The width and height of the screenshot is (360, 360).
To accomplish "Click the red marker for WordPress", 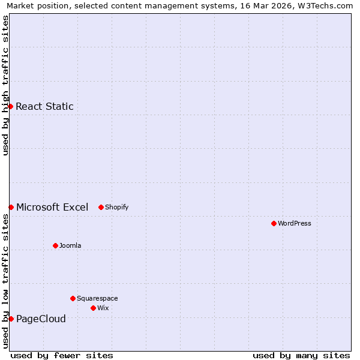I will pos(274,223).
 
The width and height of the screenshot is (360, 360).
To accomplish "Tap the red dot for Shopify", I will pos(101,207).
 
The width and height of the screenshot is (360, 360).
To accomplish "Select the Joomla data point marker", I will pos(55,245).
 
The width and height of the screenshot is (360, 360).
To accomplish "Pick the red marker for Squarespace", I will pos(73,298).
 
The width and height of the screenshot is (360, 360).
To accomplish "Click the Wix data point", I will pos(93,308).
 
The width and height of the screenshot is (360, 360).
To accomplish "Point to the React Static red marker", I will pos(10,106).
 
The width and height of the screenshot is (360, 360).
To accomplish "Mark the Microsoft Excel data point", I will pos(11,207).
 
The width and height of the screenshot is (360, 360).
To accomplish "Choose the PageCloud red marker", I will pos(11,319).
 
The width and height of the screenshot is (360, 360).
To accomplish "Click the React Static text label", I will pos(44,107).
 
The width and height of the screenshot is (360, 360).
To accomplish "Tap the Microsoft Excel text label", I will pos(52,208).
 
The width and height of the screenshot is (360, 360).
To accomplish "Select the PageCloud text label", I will pos(41,319).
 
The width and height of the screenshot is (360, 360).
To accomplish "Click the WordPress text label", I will pos(294,223).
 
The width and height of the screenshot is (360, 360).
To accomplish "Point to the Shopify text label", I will pos(116,208).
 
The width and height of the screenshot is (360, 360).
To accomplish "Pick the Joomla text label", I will pos(70,245).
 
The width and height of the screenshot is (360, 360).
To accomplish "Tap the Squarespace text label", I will pos(97,298).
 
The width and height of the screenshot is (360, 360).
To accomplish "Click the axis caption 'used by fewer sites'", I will pos(62,355).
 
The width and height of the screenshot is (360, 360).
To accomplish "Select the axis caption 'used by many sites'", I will pos(301,355).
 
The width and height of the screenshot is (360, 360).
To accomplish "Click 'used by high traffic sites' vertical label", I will pos(5,85).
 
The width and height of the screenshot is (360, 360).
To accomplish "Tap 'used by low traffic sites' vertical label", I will pos(5,281).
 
